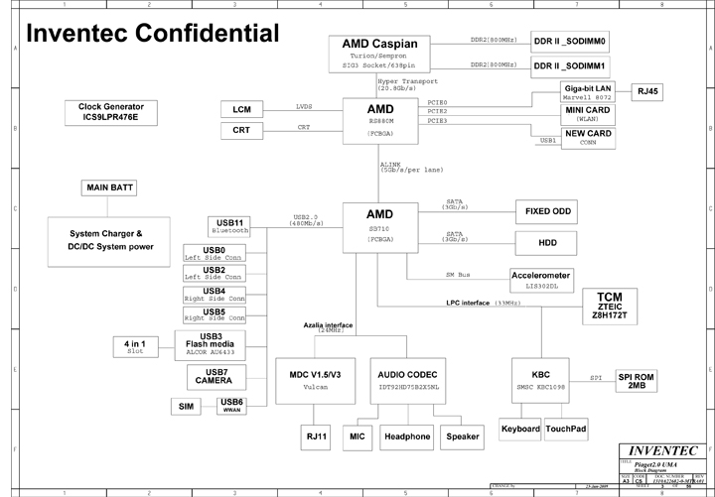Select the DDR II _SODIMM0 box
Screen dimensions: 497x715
click(x=570, y=43)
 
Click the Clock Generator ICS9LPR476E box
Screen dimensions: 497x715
click(x=110, y=111)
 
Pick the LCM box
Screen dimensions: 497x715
click(x=241, y=109)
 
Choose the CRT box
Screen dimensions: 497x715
click(x=241, y=130)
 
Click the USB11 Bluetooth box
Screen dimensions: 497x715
click(x=229, y=225)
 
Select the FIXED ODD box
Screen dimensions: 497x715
click(x=547, y=211)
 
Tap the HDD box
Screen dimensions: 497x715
click(x=547, y=242)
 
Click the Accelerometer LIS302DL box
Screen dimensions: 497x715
click(x=540, y=279)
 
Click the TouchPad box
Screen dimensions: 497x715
click(x=567, y=429)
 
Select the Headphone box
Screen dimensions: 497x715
click(x=407, y=436)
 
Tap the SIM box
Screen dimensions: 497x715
click(x=186, y=407)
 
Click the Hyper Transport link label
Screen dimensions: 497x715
click(x=405, y=84)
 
